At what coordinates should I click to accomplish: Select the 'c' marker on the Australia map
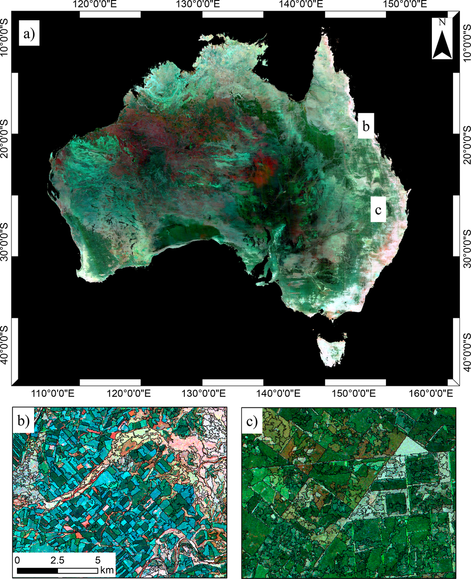(378, 210)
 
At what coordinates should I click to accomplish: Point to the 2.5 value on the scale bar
(58, 561)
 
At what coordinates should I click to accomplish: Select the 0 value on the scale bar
(17, 561)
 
